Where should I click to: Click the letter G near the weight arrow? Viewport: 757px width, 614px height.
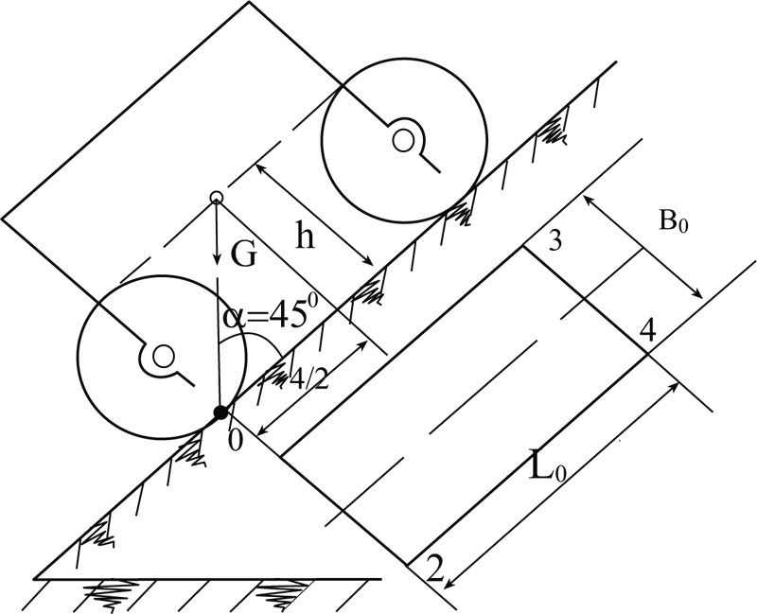pyautogui.click(x=243, y=258)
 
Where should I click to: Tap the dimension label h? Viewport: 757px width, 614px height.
pyautogui.click(x=303, y=237)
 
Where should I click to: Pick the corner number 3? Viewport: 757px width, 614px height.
pyautogui.click(x=555, y=241)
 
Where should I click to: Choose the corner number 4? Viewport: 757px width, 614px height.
pyautogui.click(x=646, y=330)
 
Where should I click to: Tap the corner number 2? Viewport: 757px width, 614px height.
pyautogui.click(x=433, y=568)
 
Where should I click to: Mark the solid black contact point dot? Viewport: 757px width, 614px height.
pyautogui.click(x=220, y=412)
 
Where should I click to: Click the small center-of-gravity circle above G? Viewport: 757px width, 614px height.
pyautogui.click(x=216, y=198)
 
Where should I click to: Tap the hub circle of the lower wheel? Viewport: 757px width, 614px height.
pyautogui.click(x=164, y=357)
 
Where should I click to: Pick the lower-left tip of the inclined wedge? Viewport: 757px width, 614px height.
pyautogui.click(x=36, y=577)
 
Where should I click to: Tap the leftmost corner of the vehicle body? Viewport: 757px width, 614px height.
pyautogui.click(x=3, y=219)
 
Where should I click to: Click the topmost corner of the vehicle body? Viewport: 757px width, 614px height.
pyautogui.click(x=248, y=2)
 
